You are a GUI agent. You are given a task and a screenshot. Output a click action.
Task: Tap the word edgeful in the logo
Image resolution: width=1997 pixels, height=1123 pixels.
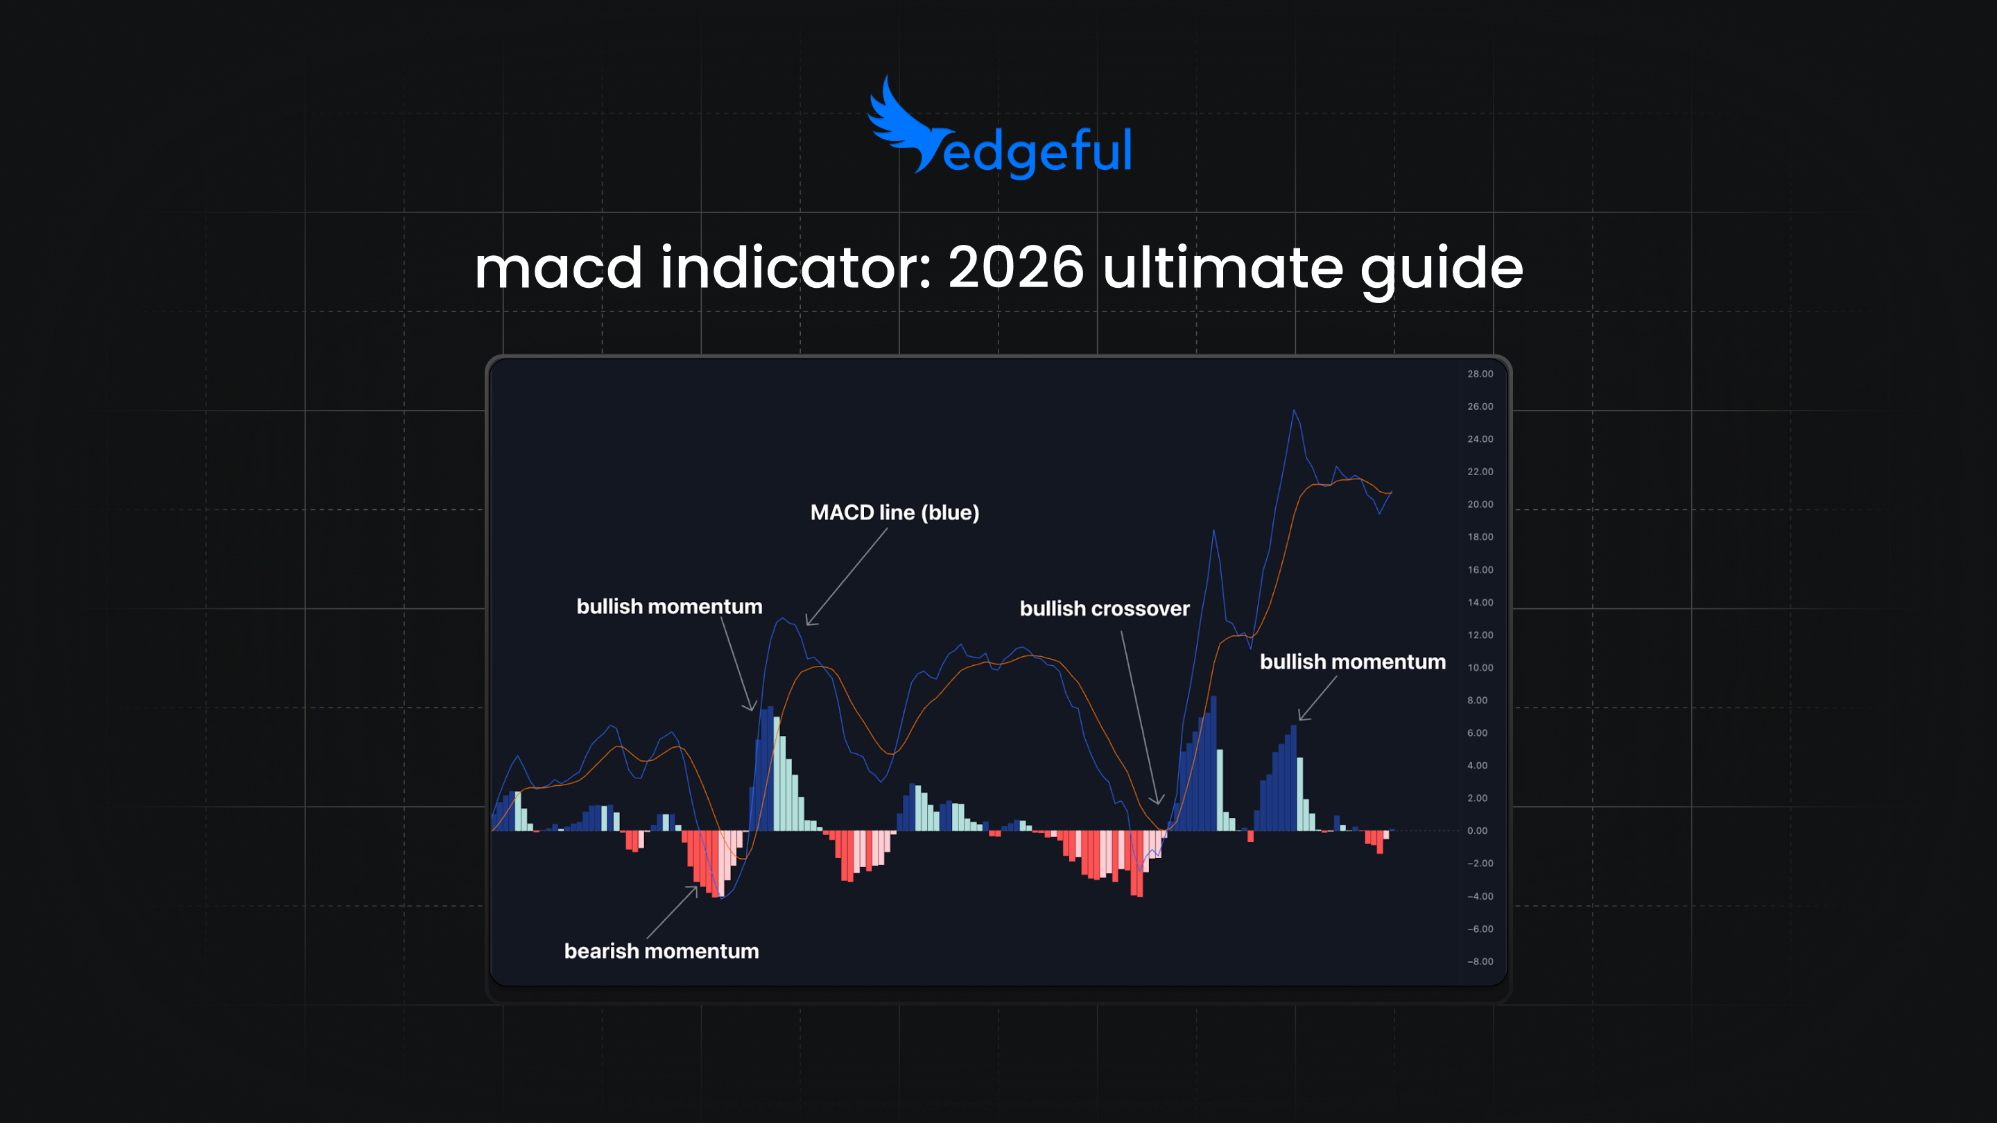tap(1038, 151)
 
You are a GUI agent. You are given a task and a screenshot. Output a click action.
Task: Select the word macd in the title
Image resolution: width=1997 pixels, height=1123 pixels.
tap(558, 268)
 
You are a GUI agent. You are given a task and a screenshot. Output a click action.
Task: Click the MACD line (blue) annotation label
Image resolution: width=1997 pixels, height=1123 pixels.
tap(894, 513)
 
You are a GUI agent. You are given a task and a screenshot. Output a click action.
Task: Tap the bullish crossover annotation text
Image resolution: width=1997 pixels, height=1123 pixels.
tap(1104, 609)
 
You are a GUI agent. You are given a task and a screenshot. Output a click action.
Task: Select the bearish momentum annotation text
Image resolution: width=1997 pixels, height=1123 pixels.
tap(662, 951)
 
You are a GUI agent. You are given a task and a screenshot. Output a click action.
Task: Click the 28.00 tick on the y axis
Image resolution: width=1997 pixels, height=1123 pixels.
tap(1479, 374)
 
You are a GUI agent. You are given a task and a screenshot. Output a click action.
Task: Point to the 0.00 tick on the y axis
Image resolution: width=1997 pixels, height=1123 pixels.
tap(1477, 830)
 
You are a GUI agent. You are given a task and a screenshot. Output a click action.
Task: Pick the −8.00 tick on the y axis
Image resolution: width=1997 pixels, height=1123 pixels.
tap(1479, 961)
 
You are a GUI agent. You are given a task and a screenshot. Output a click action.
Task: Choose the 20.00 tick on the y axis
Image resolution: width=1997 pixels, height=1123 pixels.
tap(1479, 504)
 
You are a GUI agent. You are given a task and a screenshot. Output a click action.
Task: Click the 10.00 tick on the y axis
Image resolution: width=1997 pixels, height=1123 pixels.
tap(1479, 668)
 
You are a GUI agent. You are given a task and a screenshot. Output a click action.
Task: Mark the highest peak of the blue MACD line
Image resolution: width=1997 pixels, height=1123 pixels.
tap(1294, 411)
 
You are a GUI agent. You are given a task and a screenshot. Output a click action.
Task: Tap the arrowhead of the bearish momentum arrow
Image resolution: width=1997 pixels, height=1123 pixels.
tap(695, 888)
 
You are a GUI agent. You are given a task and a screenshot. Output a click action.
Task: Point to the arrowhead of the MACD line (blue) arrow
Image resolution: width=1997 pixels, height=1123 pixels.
tap(808, 623)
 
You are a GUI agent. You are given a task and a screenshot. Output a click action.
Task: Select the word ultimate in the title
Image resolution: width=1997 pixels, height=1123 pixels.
tap(1222, 268)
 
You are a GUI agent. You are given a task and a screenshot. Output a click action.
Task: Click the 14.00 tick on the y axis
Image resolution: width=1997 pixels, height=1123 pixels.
tap(1479, 603)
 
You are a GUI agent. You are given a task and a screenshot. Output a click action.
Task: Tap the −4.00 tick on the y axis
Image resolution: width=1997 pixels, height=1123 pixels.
tap(1479, 897)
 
